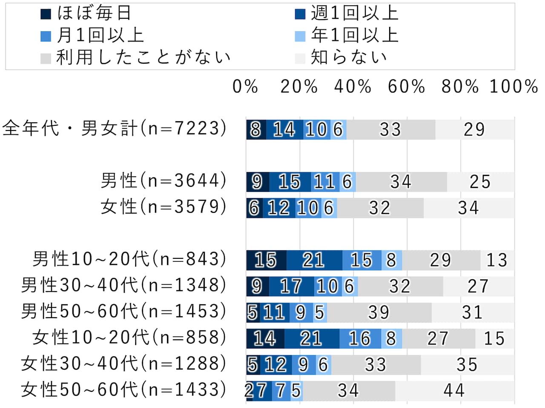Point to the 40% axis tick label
click(x=353, y=87)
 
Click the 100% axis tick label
click(x=513, y=87)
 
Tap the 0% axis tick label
click(x=245, y=87)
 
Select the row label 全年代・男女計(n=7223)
click(x=114, y=128)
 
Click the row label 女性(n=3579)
click(x=163, y=207)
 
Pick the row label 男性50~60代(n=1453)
click(x=123, y=312)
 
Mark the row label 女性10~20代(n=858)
click(x=129, y=338)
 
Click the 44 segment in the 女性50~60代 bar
click(x=454, y=391)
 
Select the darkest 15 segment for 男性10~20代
click(x=266, y=260)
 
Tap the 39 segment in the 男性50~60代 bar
click(x=379, y=313)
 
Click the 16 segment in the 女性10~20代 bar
click(x=360, y=339)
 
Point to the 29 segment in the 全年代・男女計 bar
click(x=474, y=130)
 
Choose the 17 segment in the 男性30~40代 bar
click(x=292, y=286)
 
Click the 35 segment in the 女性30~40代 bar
click(x=467, y=365)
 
